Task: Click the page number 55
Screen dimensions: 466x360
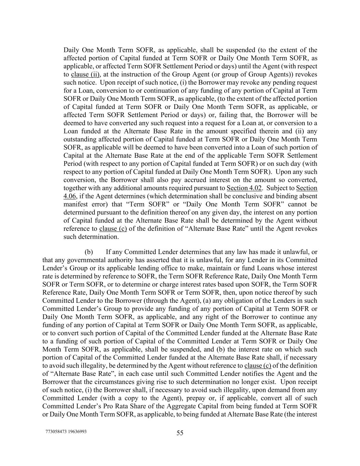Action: [x=180, y=433]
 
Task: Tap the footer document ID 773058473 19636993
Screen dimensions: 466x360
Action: [x=66, y=432]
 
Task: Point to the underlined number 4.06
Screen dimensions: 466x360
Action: [x=70, y=196]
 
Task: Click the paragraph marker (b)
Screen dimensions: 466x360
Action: [x=89, y=252]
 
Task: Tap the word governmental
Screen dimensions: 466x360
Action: [x=75, y=260]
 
